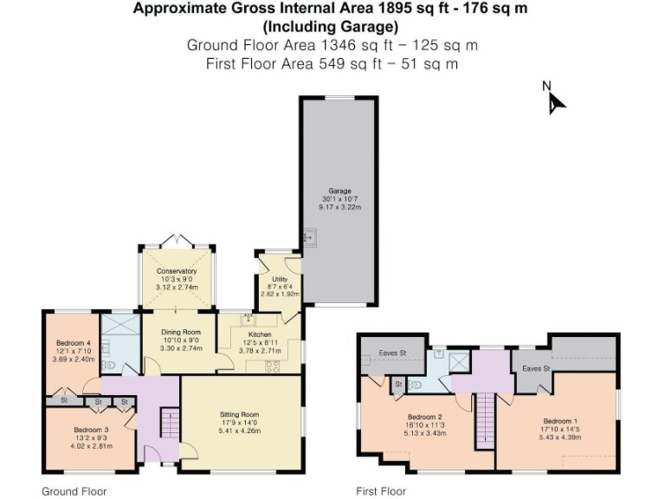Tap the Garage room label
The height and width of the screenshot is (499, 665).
[x=339, y=191]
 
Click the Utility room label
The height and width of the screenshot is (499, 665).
[x=279, y=279]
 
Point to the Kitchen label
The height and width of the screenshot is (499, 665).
[x=260, y=334]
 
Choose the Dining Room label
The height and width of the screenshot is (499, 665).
[x=180, y=332]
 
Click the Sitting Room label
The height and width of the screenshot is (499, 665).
[x=239, y=415]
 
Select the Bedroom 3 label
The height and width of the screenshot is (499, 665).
[x=91, y=430]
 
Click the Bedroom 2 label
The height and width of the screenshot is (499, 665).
[x=425, y=417]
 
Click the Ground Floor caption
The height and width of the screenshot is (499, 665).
[x=74, y=491]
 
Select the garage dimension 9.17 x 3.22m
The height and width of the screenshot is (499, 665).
[x=339, y=208]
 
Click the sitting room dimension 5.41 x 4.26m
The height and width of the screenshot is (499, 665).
[x=239, y=431]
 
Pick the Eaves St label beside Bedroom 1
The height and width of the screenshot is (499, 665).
[x=534, y=368]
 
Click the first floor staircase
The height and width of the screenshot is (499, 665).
[x=485, y=419]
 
